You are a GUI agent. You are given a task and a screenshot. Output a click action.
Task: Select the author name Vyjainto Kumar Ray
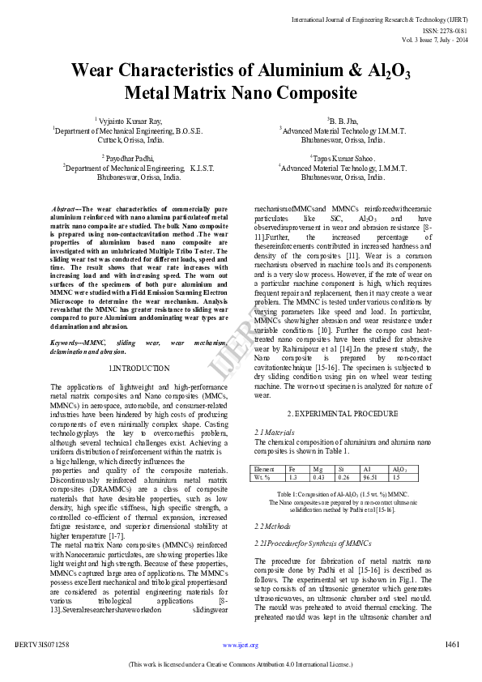pos(133,121)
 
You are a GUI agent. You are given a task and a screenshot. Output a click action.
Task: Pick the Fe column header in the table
pos(292,469)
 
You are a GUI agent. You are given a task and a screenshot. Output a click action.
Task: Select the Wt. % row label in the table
pos(263,477)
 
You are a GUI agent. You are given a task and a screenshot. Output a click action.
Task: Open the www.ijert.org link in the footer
pos(241,646)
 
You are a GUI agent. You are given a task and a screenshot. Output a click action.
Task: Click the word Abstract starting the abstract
pos(65,208)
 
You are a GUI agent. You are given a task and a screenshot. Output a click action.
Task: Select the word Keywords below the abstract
pos(68,343)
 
